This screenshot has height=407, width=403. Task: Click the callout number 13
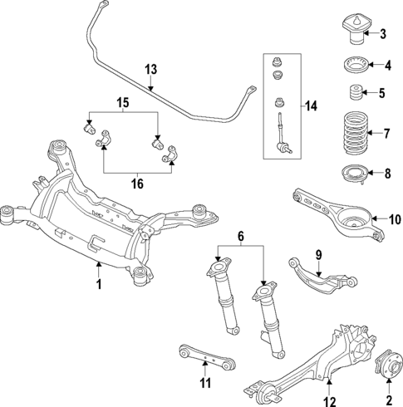pos(150,69)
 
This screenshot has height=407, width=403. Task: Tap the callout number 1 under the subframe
pos(98,285)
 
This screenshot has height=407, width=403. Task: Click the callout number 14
pos(311,106)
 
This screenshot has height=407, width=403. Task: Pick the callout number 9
pos(317,254)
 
